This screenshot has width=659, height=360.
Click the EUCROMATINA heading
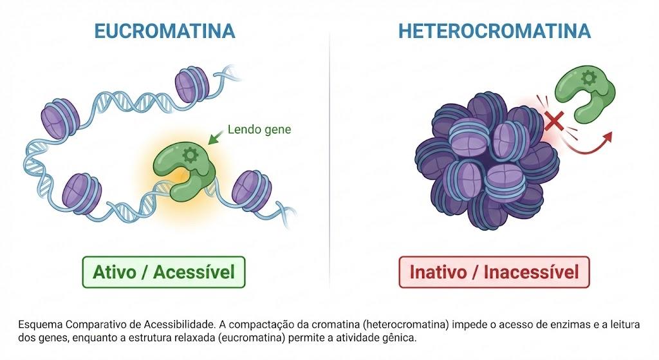tap(164, 31)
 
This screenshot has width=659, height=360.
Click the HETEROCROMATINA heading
tap(494, 31)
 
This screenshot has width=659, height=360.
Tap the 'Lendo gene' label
tap(259, 129)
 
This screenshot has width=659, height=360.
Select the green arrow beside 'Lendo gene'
tap(216, 137)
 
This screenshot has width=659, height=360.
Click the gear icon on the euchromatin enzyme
tap(190, 155)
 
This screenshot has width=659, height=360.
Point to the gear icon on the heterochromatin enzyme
tap(588, 78)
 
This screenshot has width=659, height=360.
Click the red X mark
tap(554, 120)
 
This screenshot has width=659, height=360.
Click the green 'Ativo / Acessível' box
tap(163, 272)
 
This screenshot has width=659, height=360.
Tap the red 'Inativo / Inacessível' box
tap(494, 272)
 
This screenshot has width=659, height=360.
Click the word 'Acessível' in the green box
tap(194, 272)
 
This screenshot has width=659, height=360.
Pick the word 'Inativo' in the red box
tap(438, 272)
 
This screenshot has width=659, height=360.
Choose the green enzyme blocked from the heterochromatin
tap(584, 93)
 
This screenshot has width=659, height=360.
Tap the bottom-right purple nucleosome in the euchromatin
tap(252, 190)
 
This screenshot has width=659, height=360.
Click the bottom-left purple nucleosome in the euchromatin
tap(82, 192)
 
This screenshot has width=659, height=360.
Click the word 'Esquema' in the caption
tap(40, 325)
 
